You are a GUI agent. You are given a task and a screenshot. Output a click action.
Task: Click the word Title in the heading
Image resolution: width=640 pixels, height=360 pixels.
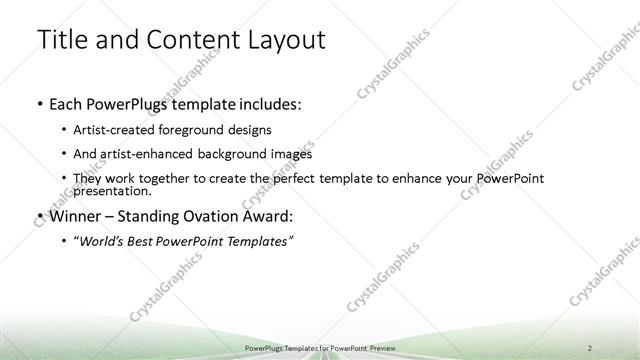[62, 41]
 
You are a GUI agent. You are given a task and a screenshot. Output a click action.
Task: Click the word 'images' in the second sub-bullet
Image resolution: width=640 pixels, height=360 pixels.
[291, 154]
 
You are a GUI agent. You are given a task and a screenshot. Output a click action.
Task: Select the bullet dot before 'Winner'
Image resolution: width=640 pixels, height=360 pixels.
[38, 216]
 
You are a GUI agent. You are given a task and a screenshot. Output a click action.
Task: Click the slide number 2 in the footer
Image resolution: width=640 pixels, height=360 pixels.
[591, 347]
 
